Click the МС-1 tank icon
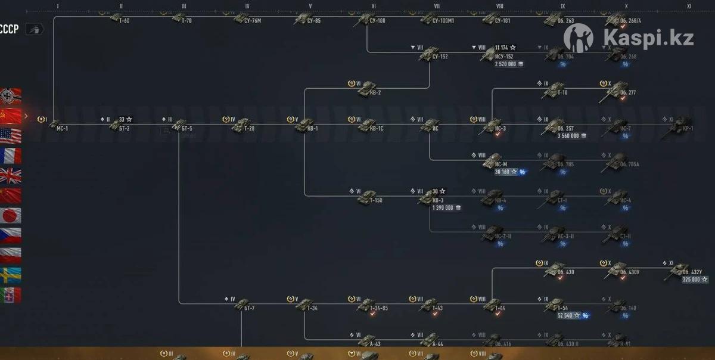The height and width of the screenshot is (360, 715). tap(54, 125)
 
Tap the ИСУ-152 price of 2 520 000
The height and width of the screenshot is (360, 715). tap(506, 64)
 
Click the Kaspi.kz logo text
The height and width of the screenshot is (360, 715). tap(648, 38)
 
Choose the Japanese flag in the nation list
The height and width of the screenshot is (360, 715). tap(11, 215)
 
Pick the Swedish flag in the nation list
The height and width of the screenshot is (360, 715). tap(11, 275)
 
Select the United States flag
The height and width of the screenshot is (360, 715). tap(11, 136)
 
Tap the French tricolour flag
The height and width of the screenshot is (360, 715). tap(11, 156)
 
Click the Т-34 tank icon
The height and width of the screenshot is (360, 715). tap(304, 305)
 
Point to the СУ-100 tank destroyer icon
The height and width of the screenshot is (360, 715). tap(363, 19)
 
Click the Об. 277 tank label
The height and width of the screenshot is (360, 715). tap(628, 92)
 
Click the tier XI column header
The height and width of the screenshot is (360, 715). tap(689, 6)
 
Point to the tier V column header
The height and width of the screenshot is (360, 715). tap(310, 6)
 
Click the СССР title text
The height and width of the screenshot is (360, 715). tap(10, 29)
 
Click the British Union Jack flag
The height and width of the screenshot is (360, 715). tap(11, 175)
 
